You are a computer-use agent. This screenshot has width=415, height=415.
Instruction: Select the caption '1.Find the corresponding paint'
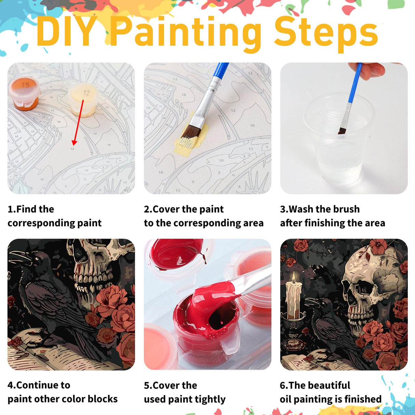point(54,216)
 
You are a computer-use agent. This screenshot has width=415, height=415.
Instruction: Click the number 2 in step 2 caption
point(146,209)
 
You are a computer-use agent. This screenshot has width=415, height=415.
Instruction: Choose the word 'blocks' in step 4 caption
point(103,399)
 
